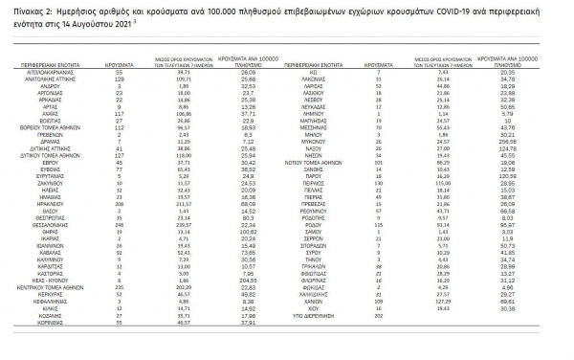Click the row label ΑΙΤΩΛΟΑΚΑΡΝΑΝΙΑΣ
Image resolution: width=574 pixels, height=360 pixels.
pos(60,72)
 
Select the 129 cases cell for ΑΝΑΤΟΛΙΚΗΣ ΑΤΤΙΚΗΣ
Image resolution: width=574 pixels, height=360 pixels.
pos(120,79)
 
